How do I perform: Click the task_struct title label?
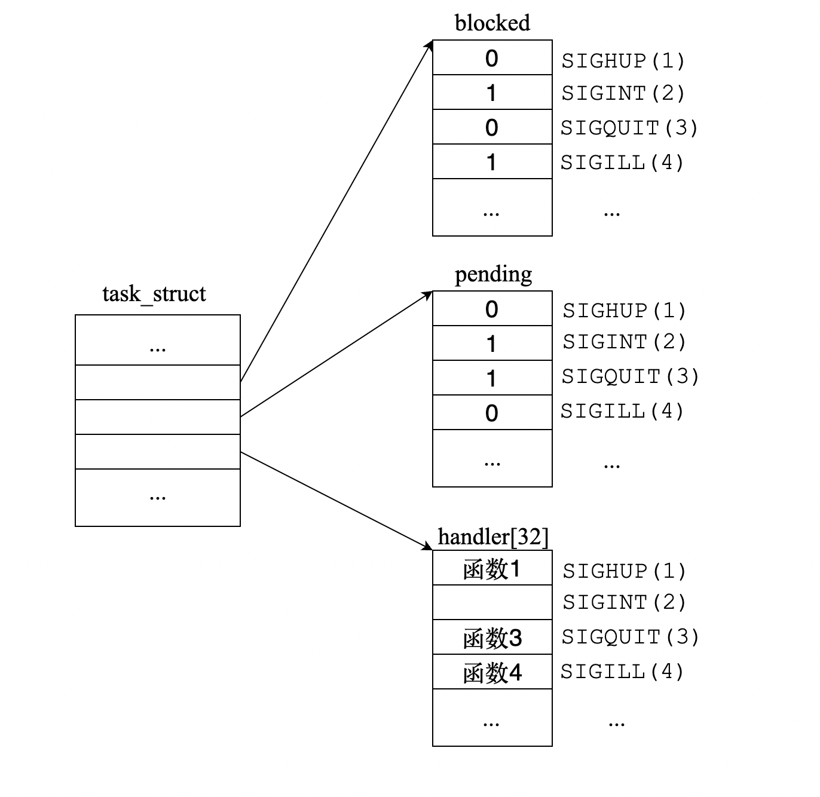(x=154, y=294)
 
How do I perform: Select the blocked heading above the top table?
(x=492, y=23)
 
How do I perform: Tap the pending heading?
(x=493, y=274)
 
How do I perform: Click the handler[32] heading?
(x=493, y=537)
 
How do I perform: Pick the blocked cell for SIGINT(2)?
(x=492, y=93)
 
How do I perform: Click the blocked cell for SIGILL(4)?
(x=492, y=162)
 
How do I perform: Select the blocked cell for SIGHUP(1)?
(x=492, y=58)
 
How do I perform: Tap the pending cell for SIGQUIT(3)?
(x=492, y=378)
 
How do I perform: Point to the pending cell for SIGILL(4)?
(x=492, y=413)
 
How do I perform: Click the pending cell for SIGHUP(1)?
(x=492, y=309)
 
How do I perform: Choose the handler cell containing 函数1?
(x=492, y=569)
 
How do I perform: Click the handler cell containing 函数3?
(x=492, y=638)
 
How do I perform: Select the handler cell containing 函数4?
(x=492, y=673)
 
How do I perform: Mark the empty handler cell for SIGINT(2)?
(x=492, y=603)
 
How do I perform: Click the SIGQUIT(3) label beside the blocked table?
(x=629, y=128)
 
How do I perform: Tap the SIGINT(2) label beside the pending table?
(x=624, y=342)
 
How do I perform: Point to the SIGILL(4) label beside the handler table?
(x=622, y=672)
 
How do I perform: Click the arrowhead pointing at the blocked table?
(x=429, y=45)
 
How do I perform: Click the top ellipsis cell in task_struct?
(x=158, y=341)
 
